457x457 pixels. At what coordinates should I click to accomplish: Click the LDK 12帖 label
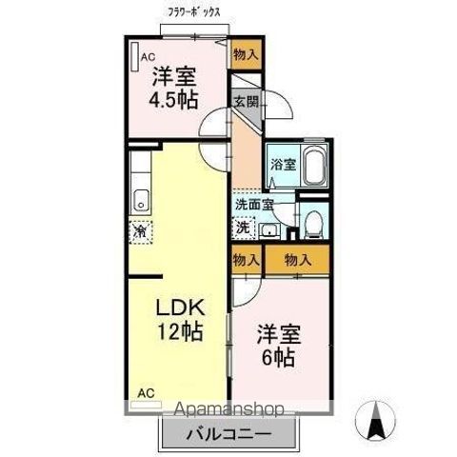180,320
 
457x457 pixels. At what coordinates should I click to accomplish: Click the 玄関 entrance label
245,101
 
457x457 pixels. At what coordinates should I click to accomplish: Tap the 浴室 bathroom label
281,164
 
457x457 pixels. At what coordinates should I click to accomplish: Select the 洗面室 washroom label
254,203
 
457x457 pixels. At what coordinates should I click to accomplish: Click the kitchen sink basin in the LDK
142,200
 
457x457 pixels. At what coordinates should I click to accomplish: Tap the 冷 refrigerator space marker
140,229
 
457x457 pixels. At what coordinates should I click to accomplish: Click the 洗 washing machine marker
243,228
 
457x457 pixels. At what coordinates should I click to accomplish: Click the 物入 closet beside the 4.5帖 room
245,54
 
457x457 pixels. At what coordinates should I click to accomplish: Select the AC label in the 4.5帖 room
149,57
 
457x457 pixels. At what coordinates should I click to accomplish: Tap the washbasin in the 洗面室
269,229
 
